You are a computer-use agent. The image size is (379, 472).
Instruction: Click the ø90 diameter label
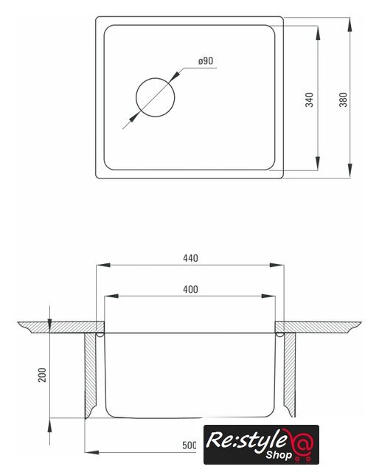click(x=206, y=60)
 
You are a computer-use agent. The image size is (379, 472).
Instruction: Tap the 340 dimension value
click(x=309, y=100)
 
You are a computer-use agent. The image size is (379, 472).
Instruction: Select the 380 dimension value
click(x=343, y=100)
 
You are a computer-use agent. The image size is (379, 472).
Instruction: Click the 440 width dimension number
click(x=190, y=258)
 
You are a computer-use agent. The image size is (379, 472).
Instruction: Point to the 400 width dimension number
click(x=190, y=290)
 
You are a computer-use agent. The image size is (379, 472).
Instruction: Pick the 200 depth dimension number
click(x=42, y=375)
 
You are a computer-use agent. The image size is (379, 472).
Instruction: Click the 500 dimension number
click(x=189, y=445)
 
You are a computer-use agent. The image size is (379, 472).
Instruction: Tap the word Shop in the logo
click(x=279, y=455)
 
